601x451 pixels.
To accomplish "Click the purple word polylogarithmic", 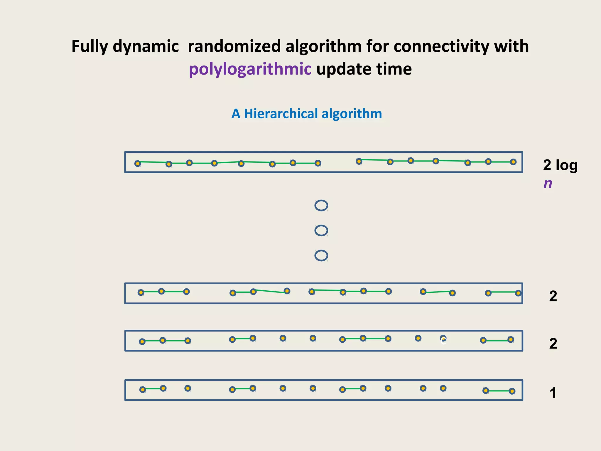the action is [x=250, y=70].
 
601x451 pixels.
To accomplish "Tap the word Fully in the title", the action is [x=90, y=46].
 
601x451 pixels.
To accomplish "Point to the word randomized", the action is [x=233, y=46].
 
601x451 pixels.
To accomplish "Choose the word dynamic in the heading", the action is [x=146, y=46].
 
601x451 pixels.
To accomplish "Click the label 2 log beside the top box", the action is [x=560, y=165].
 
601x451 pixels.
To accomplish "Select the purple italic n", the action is [x=548, y=184].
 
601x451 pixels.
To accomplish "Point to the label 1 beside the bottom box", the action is [x=553, y=393].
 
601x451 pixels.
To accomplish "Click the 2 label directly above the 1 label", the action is [x=553, y=344].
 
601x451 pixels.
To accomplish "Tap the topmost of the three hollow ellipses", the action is [x=321, y=206].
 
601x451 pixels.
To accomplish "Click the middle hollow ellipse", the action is [x=321, y=230].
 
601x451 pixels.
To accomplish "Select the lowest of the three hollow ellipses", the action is [x=321, y=255].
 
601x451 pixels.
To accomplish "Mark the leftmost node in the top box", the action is [x=137, y=164].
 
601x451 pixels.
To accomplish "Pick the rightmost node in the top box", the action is [x=513, y=162].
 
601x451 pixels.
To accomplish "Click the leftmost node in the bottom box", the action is [x=143, y=390].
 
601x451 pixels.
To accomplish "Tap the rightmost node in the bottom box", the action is [x=512, y=391].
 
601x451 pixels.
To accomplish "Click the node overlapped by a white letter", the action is [x=443, y=339].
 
